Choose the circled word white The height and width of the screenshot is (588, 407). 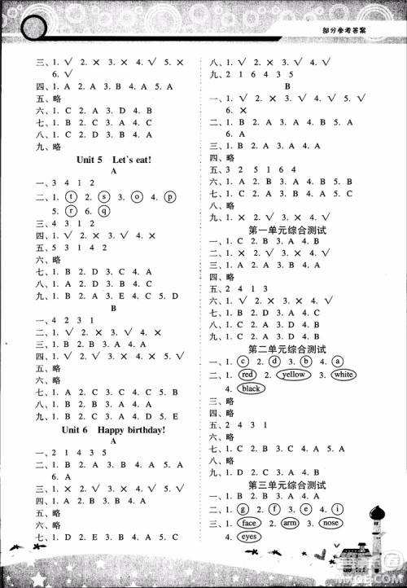(343, 375)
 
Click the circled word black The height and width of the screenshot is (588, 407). (251, 388)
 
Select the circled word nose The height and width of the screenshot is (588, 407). (330, 523)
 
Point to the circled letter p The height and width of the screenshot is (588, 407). (169, 196)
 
